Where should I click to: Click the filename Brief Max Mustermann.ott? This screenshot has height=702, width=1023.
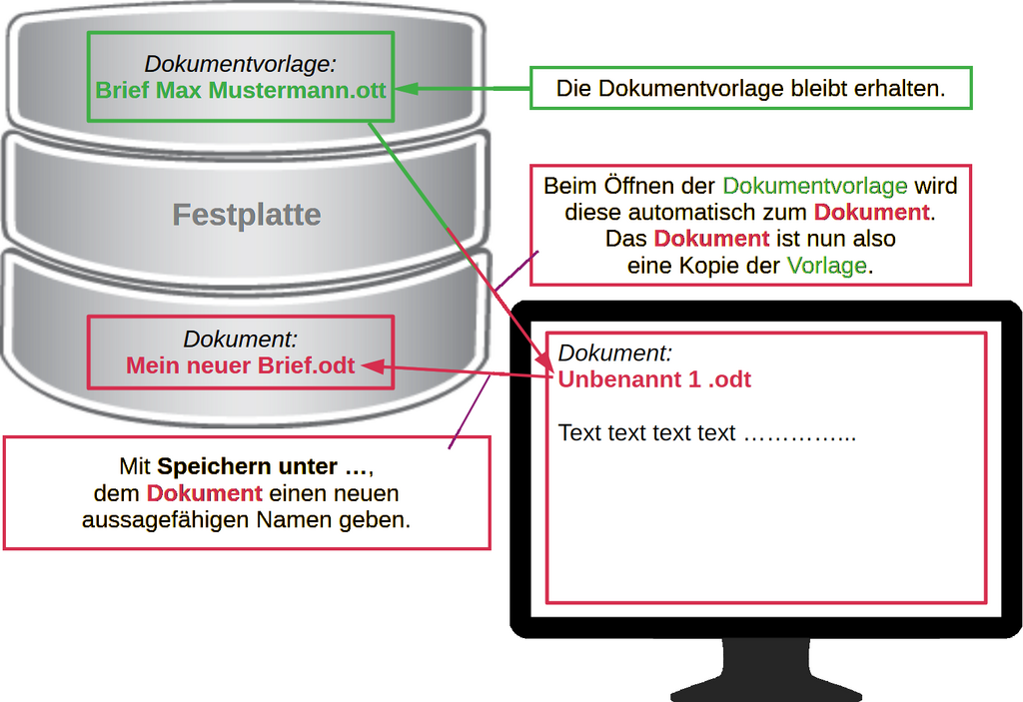(x=241, y=91)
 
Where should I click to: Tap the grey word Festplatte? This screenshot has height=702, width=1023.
(x=247, y=215)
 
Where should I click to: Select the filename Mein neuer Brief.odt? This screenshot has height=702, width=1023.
(x=241, y=365)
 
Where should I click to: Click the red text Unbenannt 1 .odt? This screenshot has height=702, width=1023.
(x=654, y=379)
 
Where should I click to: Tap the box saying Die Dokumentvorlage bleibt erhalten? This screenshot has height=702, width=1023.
(x=749, y=88)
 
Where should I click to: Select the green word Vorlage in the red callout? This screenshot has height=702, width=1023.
(x=826, y=266)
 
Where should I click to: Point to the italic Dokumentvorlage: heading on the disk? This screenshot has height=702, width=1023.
(x=241, y=64)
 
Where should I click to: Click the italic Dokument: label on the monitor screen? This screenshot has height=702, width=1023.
(x=615, y=352)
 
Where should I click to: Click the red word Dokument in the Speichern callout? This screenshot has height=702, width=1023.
(x=204, y=493)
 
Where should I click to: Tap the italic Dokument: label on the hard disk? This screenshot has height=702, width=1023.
(x=241, y=340)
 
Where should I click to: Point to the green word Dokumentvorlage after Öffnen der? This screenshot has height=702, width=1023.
(x=814, y=186)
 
